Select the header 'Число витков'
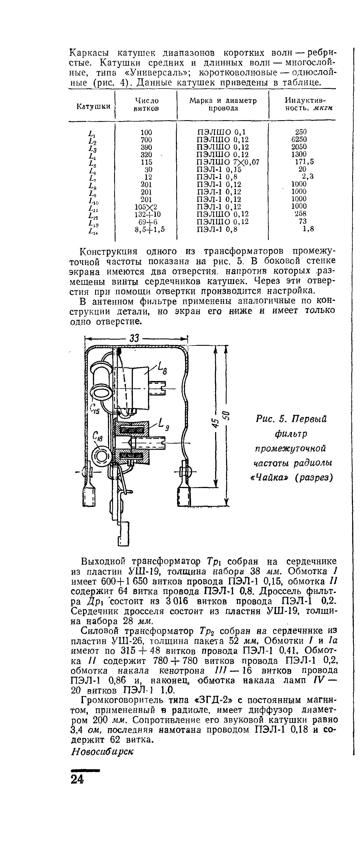click(147, 104)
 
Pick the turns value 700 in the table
click(146, 139)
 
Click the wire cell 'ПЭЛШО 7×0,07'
click(228, 162)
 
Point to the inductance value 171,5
click(304, 162)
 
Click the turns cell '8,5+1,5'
click(150, 229)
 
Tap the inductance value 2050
click(299, 146)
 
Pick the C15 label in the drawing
click(95, 409)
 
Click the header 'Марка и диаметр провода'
click(223, 104)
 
